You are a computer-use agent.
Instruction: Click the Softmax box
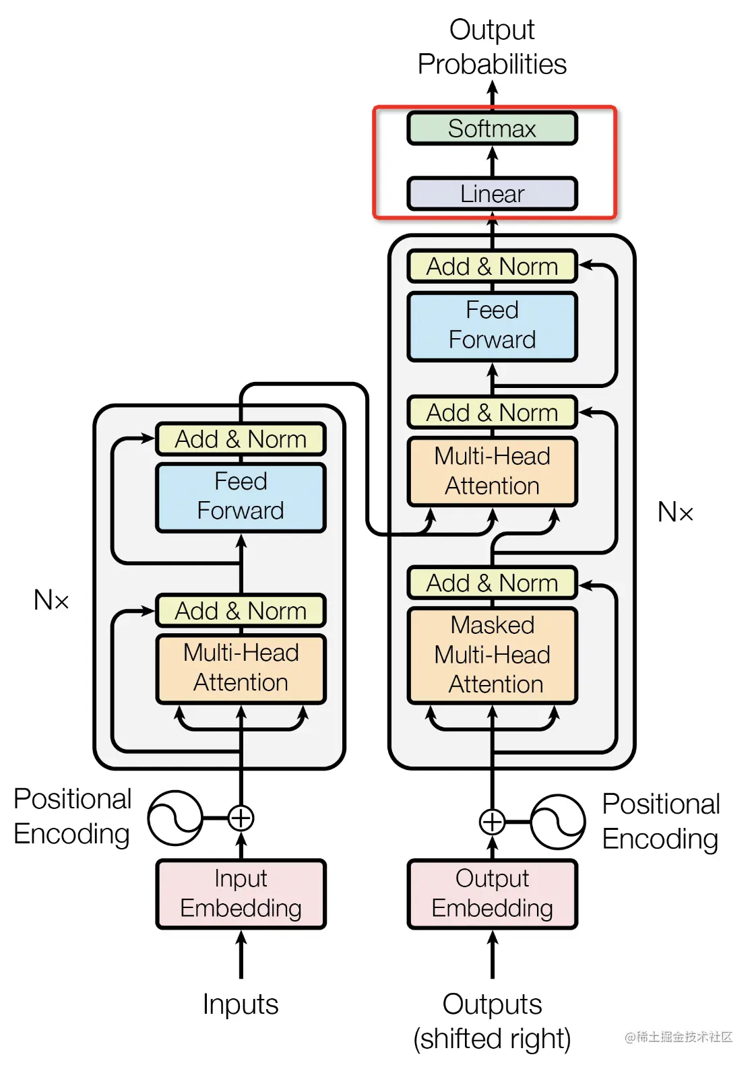coord(492,128)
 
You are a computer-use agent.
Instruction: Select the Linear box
coord(492,194)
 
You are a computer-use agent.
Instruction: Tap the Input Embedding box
coord(241,894)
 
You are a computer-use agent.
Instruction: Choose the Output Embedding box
coord(492,894)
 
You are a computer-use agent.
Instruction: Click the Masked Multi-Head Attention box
coord(492,655)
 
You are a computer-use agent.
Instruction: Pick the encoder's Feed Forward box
coord(241,496)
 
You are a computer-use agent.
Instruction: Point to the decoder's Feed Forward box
coord(492,325)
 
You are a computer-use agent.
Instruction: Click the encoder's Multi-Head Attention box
coord(241,668)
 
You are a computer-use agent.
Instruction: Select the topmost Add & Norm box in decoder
coord(492,267)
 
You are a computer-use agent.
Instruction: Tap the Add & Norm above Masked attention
coord(492,583)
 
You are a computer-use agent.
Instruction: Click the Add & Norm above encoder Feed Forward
coord(241,439)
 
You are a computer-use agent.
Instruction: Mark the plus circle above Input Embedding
coord(241,818)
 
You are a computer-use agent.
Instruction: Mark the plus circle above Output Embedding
coord(492,822)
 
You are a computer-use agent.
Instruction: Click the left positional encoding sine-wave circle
coord(175,818)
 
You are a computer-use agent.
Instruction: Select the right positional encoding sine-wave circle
coord(558,822)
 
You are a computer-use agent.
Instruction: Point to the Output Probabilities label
coord(492,47)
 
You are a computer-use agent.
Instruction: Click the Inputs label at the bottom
coord(241,1004)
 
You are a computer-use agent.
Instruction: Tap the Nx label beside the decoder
coord(675,513)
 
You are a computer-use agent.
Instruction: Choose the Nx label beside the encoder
coord(51,600)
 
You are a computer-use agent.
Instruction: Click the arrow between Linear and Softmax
coord(493,160)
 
